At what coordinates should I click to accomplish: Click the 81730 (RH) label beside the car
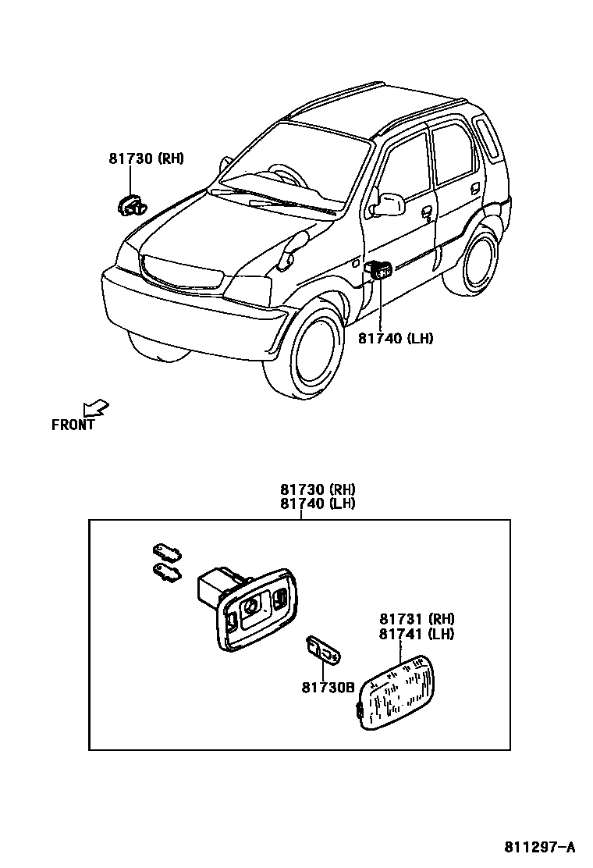146,159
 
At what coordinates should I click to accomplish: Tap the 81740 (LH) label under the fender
396,338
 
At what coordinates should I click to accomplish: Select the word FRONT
73,425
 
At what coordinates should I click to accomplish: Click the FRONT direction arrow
96,407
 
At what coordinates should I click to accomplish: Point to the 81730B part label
328,687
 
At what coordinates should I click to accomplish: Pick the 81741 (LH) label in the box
417,635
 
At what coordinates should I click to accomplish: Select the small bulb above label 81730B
321,649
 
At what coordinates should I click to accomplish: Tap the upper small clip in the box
166,552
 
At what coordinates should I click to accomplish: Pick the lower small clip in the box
168,572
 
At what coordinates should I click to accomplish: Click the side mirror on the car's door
388,205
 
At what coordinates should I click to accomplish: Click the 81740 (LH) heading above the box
318,503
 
